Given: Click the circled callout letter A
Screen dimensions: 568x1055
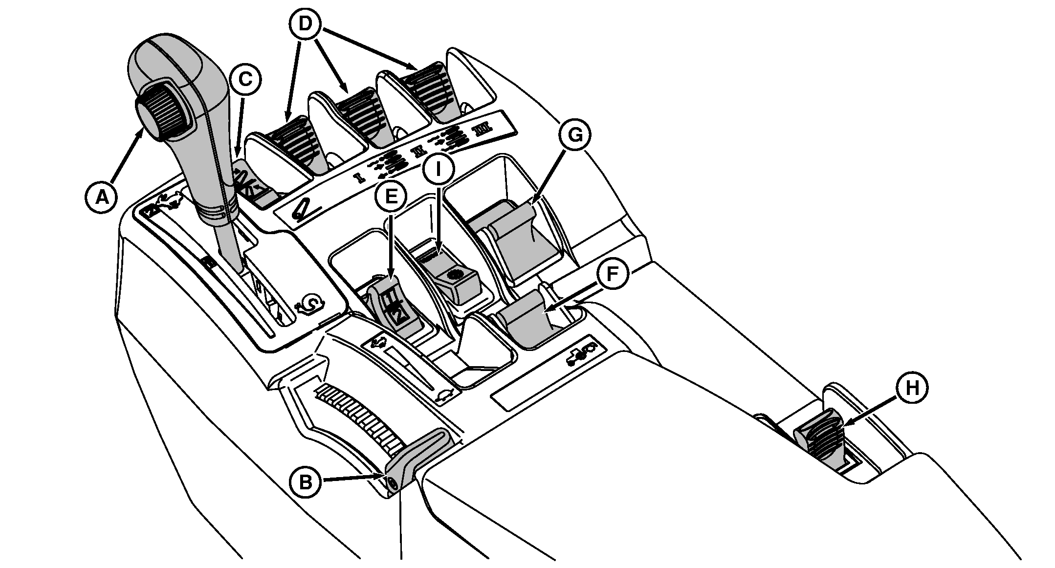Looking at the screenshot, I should pyautogui.click(x=102, y=197).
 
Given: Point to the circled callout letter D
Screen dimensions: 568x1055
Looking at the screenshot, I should pyautogui.click(x=305, y=23).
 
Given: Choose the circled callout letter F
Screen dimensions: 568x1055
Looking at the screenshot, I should pyautogui.click(x=612, y=275).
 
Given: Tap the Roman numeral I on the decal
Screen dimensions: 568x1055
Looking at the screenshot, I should pyautogui.click(x=361, y=177).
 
